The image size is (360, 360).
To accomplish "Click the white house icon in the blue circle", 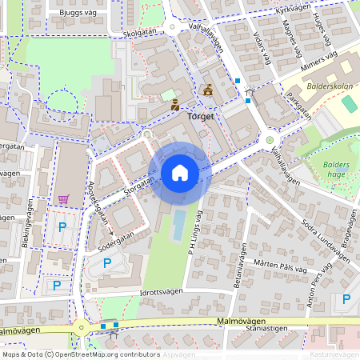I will [x=180, y=173].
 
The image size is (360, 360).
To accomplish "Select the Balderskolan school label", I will [x=328, y=84].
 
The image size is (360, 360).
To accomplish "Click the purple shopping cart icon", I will [x=62, y=199].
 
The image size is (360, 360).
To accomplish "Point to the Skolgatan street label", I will [x=142, y=34].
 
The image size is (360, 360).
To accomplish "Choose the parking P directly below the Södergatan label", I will [x=107, y=262].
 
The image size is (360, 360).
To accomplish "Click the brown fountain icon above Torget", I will [x=208, y=90].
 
